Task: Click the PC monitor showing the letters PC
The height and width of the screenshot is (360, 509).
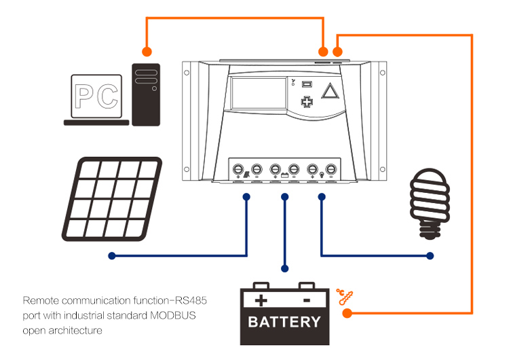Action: pos(97,98)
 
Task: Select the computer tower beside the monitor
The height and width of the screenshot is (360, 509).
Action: pos(146,94)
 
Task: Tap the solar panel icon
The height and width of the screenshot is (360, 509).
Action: pos(111,199)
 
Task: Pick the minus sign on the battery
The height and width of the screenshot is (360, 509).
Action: pos(306,300)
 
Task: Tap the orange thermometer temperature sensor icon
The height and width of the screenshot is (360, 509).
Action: pos(346,296)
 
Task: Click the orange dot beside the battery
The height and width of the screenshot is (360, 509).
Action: pos(347,314)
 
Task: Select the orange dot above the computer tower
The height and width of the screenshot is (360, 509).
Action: pos(146,51)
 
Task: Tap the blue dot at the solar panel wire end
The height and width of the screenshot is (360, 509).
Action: pos(111,256)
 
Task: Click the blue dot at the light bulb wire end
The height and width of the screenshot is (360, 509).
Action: pos(430,256)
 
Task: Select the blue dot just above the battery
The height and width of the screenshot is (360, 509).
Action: pos(285,269)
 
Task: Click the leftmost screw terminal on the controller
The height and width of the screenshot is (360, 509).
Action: pos(239,168)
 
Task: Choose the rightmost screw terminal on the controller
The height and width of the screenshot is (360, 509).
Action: pos(331,168)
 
